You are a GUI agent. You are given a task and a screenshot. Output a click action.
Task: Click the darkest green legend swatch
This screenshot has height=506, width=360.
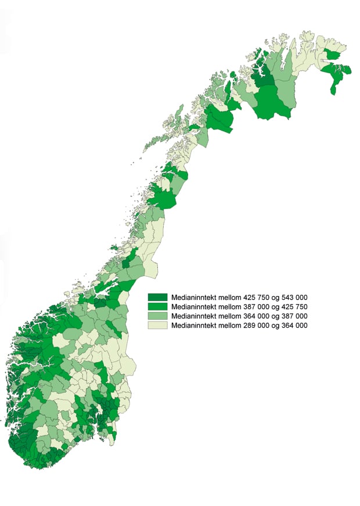[x=157, y=297]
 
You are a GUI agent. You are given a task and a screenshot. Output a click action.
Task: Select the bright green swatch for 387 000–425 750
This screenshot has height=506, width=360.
[x=157, y=306]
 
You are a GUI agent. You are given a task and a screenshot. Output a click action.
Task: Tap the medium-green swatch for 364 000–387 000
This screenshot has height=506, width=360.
[x=157, y=316]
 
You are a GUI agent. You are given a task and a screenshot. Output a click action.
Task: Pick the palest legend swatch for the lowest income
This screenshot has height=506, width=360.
[x=157, y=326]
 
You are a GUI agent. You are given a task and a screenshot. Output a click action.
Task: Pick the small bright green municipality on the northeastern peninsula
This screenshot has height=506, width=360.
[x=333, y=55]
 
